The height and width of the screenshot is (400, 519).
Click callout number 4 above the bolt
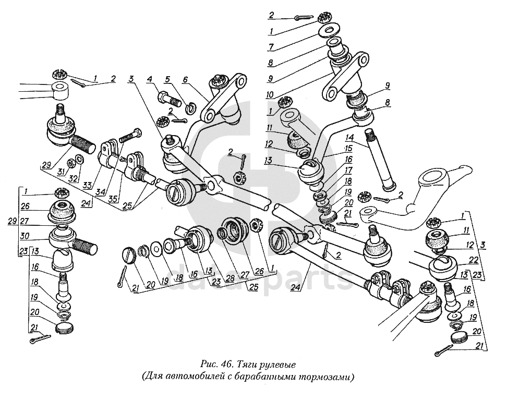150,80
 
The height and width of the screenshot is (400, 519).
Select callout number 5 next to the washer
168,80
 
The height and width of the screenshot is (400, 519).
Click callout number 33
86,184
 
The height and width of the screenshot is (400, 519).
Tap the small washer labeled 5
191,108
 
